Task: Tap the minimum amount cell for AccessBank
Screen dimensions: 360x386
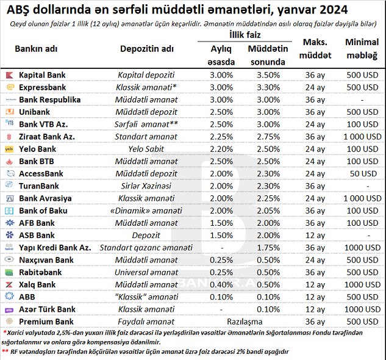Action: [362, 173]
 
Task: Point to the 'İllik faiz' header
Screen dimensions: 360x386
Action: [241, 35]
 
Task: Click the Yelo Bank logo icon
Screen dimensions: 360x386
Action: [9, 149]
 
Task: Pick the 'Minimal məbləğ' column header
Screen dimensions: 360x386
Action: [362, 48]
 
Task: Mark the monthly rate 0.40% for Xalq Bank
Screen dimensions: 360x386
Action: [220, 284]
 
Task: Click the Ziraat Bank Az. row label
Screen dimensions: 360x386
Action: [47, 136]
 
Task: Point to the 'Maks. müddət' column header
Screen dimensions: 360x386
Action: [315, 48]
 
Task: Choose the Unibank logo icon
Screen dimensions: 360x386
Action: [9, 112]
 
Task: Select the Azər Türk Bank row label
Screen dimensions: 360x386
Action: [47, 309]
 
